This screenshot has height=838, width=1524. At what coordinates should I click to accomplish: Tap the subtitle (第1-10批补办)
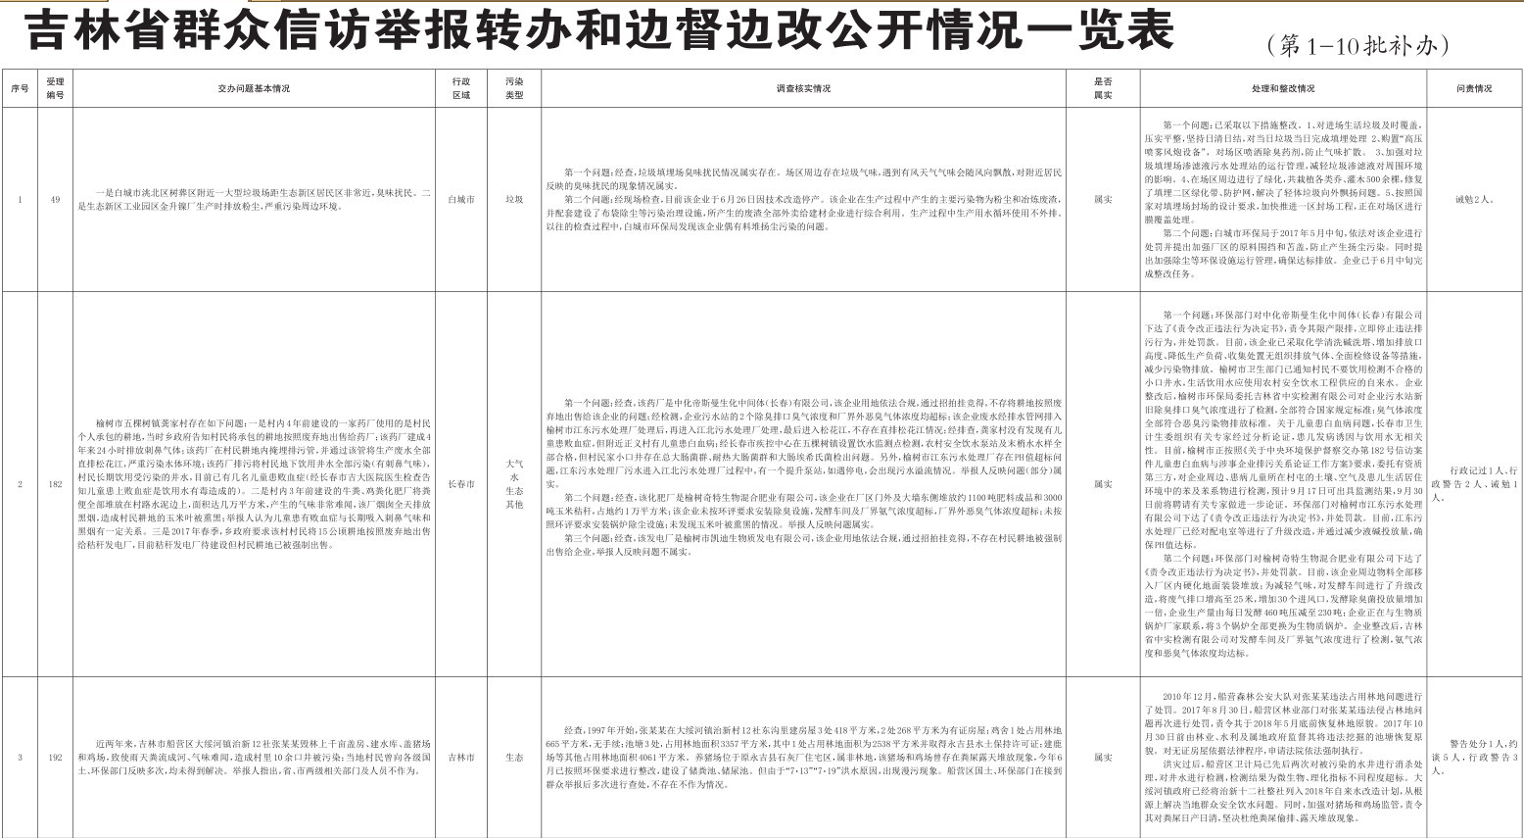[1357, 44]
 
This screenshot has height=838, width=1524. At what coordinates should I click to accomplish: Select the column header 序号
[20, 88]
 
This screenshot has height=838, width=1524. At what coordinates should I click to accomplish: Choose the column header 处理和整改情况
[1283, 88]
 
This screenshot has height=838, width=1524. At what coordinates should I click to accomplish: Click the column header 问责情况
[1473, 88]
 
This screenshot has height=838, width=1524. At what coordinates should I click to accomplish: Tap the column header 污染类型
[514, 88]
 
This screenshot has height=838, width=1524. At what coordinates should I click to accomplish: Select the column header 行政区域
[460, 88]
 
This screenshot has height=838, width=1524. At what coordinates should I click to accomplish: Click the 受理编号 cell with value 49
[55, 199]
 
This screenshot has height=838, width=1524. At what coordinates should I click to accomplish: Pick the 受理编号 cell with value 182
[55, 484]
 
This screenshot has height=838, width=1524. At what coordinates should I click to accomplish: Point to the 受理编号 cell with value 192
[55, 757]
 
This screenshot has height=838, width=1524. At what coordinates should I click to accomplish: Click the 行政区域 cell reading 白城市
[460, 199]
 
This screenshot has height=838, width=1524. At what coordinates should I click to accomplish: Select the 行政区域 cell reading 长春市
[460, 484]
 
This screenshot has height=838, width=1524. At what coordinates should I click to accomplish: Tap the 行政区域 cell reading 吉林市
[460, 757]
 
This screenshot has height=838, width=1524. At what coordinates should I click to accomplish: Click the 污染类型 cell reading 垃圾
[514, 199]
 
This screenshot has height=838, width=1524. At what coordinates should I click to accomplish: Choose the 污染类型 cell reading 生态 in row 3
[514, 757]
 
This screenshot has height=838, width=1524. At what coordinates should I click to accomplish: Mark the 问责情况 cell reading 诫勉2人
[1473, 199]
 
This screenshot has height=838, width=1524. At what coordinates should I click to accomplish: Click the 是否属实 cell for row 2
[1103, 484]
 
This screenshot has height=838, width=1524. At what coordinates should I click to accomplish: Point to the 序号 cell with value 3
[20, 757]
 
